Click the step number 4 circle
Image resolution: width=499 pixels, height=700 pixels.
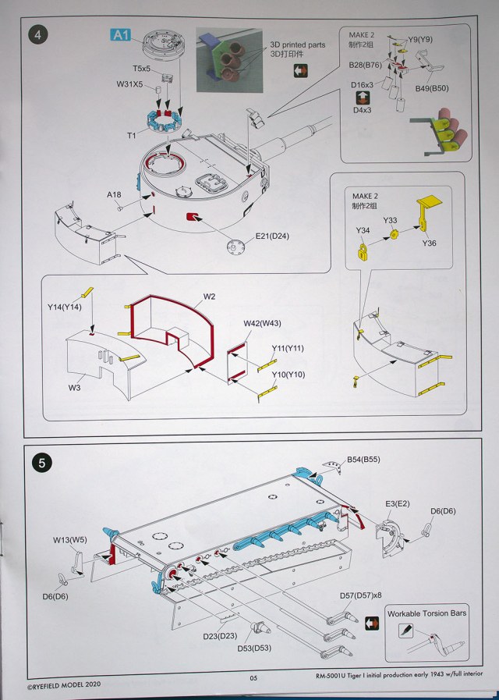coord(38,35)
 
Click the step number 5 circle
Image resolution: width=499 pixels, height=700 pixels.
coord(42,463)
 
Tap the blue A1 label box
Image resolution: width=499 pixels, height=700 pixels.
coord(121,35)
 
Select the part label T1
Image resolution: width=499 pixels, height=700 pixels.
coord(132,135)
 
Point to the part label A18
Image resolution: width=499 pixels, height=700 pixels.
coord(114,194)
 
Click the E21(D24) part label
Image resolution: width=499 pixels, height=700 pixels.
coord(272,236)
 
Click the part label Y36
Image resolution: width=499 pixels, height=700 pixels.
coord(429,243)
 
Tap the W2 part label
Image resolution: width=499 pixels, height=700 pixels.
coord(210,297)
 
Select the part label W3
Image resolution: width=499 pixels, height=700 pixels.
coord(75,388)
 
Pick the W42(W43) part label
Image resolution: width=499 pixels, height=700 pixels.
coord(262,323)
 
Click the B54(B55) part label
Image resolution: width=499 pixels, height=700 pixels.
coord(363,460)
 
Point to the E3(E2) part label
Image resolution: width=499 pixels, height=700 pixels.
coord(398,503)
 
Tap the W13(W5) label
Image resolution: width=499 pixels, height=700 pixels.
coord(70,540)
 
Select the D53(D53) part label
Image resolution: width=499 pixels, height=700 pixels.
coord(254,648)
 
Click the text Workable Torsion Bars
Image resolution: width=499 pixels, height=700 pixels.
coord(426,613)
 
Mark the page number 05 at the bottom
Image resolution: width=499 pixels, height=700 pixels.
coord(253,677)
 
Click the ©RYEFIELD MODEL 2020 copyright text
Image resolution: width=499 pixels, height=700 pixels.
coord(63,684)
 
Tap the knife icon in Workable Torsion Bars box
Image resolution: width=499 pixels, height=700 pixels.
coord(405,631)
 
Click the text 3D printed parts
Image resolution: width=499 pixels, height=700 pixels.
coord(297,45)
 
